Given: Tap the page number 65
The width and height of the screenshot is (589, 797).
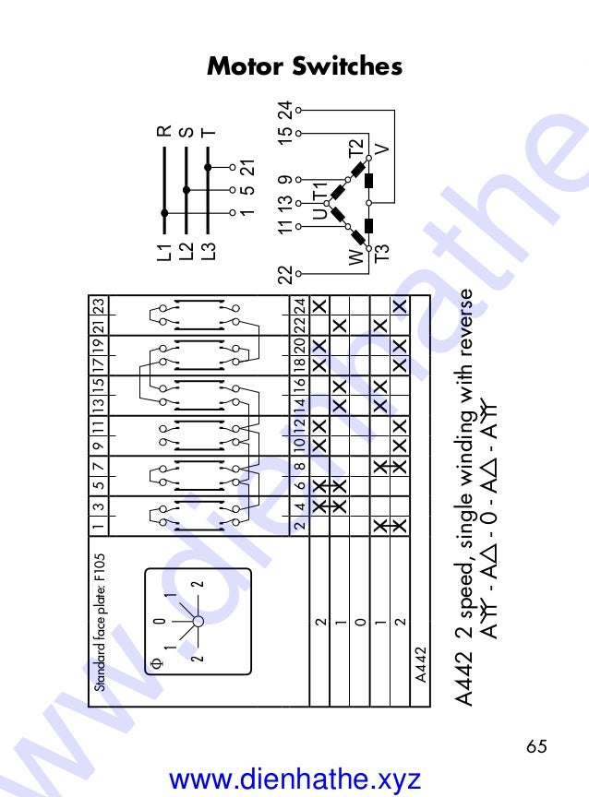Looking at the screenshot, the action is tap(536, 744).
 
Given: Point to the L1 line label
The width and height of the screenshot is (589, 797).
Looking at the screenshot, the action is tap(164, 254).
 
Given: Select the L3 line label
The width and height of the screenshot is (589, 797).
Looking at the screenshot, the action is tap(209, 254).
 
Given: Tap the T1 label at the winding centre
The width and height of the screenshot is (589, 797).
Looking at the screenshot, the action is tap(321, 191).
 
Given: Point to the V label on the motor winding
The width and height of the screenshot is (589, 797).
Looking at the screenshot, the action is tap(381, 148).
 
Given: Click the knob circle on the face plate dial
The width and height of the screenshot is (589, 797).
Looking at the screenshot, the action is tap(198, 621).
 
